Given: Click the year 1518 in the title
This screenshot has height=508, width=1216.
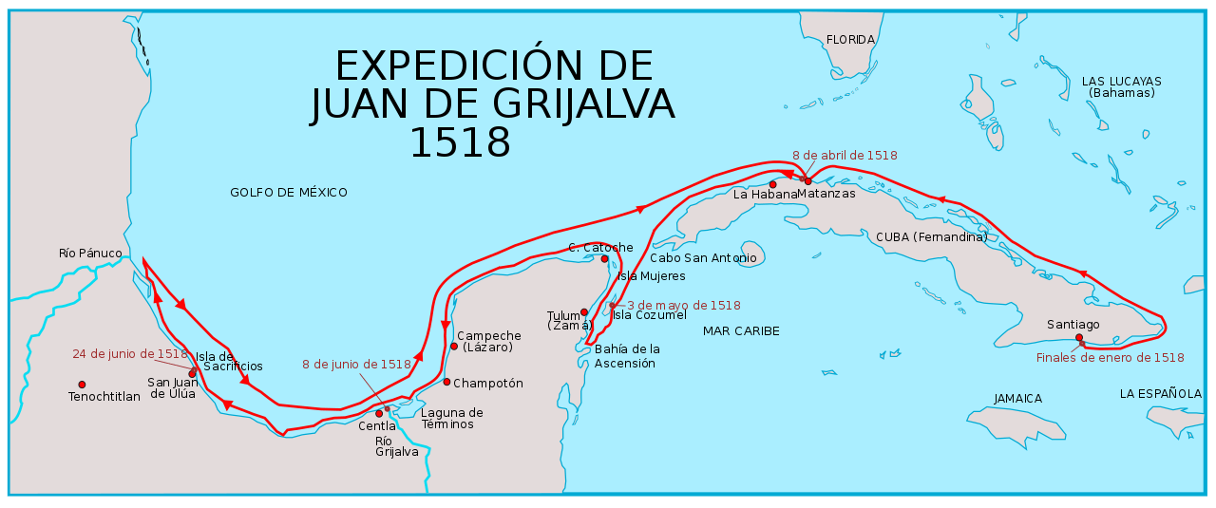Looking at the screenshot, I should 460,141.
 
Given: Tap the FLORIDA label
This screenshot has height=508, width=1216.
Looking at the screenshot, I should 850,40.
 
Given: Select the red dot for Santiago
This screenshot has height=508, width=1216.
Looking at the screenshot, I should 1079,337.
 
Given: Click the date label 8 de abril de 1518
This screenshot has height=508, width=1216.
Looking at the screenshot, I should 845,155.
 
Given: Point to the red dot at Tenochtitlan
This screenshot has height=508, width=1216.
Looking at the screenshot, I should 82,385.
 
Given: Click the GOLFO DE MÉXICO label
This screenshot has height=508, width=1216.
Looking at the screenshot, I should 289,193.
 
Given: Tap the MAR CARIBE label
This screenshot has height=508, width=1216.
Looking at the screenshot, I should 741,331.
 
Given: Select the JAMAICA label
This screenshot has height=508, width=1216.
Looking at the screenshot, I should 1017,399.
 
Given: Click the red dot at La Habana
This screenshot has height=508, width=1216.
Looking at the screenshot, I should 773,184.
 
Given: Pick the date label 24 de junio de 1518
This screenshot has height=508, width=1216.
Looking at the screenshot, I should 130,354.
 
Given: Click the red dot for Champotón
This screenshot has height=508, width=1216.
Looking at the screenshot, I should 446,382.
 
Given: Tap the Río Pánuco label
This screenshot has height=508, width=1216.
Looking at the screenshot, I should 90,254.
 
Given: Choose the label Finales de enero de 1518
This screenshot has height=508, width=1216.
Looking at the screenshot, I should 1110,358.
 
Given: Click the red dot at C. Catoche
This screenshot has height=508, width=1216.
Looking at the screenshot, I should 604,258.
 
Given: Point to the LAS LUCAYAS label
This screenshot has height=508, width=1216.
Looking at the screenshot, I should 1121,82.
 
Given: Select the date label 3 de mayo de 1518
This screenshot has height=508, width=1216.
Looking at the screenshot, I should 683,306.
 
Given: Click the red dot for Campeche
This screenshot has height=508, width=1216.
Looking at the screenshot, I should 454,346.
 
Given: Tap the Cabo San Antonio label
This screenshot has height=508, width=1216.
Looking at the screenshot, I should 703,258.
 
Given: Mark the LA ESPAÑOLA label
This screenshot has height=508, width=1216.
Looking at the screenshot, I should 1160,393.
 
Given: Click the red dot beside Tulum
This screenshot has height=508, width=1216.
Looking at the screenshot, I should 584,311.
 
